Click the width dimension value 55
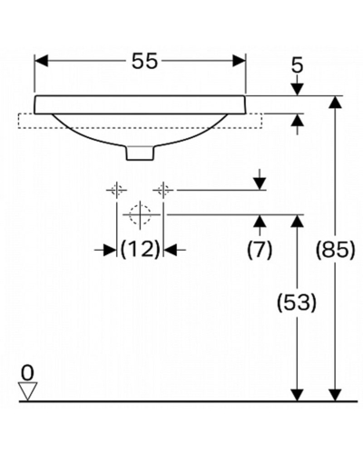pos(144,61)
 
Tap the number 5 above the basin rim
pos(298,65)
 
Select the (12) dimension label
pos(140,250)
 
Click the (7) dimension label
pos(260,250)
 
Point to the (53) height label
pos(297,302)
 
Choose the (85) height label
pos(335,250)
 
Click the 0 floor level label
pos(27,373)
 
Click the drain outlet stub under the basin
pos(140,153)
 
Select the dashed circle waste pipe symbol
pos(140,214)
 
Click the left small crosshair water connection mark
pos(116,190)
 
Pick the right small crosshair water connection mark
pos(163,190)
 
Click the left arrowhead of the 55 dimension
pos(42,61)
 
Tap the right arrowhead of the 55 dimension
pos(239,61)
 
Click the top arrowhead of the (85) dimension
pos(335,102)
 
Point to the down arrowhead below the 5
pos(298,89)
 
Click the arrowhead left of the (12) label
pos(110,250)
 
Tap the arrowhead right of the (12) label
pos(170,250)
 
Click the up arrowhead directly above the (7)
pos(260,222)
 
